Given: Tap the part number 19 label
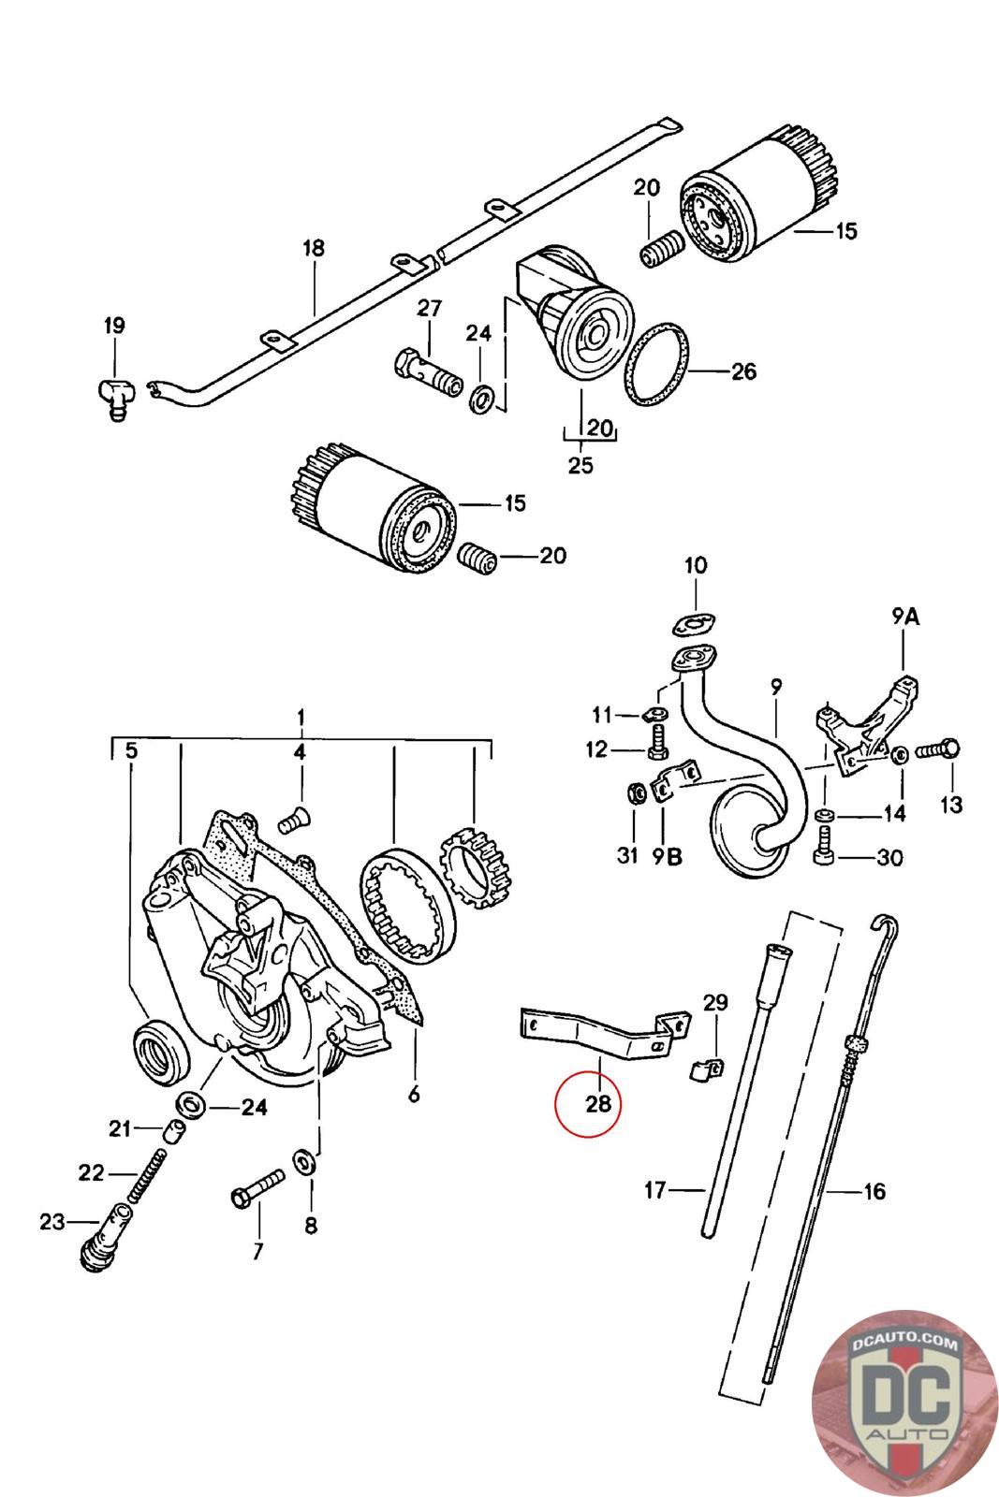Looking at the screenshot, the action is point(114,326).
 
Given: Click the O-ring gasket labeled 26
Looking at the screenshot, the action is point(656,364).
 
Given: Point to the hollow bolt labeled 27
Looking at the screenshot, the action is point(427,373).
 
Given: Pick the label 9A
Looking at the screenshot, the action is point(905,617).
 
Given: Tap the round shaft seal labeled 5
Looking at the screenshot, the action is point(162,1054).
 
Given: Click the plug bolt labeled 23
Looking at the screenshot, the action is point(104,1236).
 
